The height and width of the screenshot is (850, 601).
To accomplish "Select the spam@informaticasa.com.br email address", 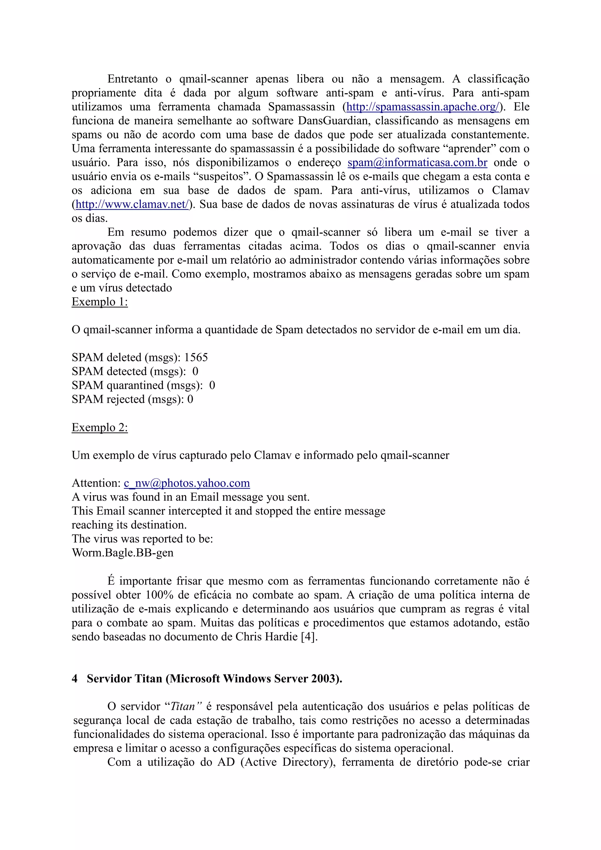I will (417, 162).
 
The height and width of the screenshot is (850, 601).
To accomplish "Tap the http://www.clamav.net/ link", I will (132, 204).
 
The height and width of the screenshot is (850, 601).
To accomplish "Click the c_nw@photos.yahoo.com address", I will (187, 483).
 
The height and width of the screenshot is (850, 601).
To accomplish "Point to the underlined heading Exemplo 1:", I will (99, 302).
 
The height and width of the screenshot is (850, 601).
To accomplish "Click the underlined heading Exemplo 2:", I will (99, 428).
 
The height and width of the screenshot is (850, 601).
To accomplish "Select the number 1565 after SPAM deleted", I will (196, 358).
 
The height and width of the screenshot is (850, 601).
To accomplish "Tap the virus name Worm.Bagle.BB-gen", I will (123, 553).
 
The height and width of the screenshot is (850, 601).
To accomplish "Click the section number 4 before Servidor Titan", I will (75, 679).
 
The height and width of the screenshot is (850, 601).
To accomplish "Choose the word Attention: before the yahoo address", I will (96, 483).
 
